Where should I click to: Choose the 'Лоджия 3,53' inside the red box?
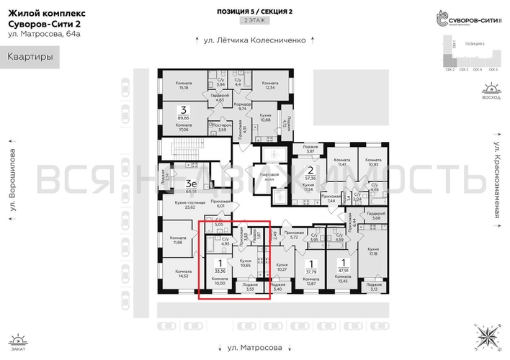pos(251,287)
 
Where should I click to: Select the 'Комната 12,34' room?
pos(270,86)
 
